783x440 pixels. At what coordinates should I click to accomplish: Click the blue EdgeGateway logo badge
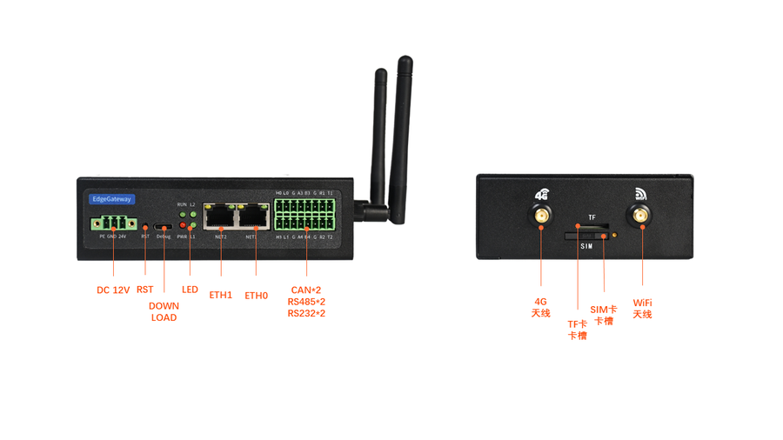(x=112, y=199)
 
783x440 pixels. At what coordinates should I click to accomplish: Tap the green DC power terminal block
(x=112, y=223)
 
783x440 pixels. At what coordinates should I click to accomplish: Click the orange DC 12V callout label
(x=113, y=290)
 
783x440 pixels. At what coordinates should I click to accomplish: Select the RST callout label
(x=144, y=290)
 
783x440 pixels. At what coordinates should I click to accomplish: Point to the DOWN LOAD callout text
(x=164, y=311)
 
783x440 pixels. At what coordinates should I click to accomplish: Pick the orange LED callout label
(x=190, y=290)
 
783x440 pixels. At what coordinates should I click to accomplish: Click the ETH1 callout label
(x=221, y=295)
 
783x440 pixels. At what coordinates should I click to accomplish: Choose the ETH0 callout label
(x=257, y=295)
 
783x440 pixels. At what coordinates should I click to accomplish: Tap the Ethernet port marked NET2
(x=220, y=217)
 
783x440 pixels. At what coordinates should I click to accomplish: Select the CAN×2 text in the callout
(x=306, y=290)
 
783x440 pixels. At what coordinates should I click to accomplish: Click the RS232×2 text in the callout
(x=306, y=313)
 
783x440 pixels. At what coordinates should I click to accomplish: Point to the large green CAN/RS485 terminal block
(x=304, y=216)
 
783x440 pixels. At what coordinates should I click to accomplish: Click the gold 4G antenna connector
(x=540, y=217)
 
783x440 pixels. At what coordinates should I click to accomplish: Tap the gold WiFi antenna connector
(x=642, y=217)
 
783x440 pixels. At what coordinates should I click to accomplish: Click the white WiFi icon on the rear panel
(x=642, y=194)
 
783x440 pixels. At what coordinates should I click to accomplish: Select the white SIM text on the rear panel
(x=587, y=246)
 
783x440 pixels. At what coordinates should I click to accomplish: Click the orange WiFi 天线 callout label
(x=642, y=308)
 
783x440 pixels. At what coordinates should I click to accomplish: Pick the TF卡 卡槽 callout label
(x=578, y=330)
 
